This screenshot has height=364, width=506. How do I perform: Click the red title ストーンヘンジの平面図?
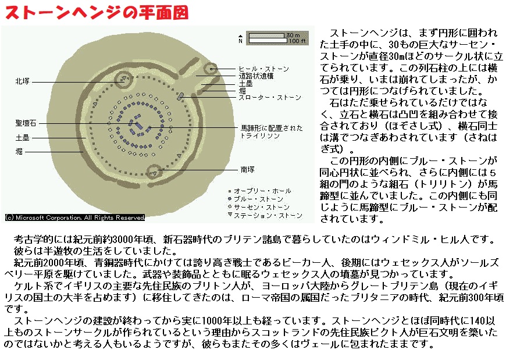click(x=97, y=13)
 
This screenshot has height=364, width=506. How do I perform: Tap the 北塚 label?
click(x=23, y=81)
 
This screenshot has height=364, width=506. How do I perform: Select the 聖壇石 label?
click(x=26, y=123)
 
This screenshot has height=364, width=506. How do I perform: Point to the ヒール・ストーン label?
click(x=263, y=69)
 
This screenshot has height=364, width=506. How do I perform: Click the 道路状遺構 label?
click(x=256, y=76)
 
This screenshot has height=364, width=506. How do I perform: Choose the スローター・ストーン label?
click(x=270, y=98)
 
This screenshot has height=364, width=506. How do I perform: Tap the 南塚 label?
click(x=248, y=169)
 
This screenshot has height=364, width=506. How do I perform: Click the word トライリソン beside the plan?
click(x=260, y=136)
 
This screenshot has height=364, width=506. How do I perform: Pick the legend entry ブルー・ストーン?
click(x=258, y=199)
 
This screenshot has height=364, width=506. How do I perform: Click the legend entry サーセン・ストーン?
click(x=261, y=207)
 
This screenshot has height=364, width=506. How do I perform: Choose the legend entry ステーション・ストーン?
click(x=268, y=215)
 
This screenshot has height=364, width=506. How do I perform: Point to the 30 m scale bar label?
click(x=293, y=35)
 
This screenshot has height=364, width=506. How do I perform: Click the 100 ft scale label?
click(x=297, y=41)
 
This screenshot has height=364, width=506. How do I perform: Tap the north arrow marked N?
click(x=240, y=39)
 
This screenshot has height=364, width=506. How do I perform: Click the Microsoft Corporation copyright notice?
click(x=75, y=217)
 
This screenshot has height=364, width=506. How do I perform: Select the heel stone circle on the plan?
click(x=211, y=69)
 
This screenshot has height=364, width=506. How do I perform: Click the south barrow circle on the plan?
click(x=154, y=172)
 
